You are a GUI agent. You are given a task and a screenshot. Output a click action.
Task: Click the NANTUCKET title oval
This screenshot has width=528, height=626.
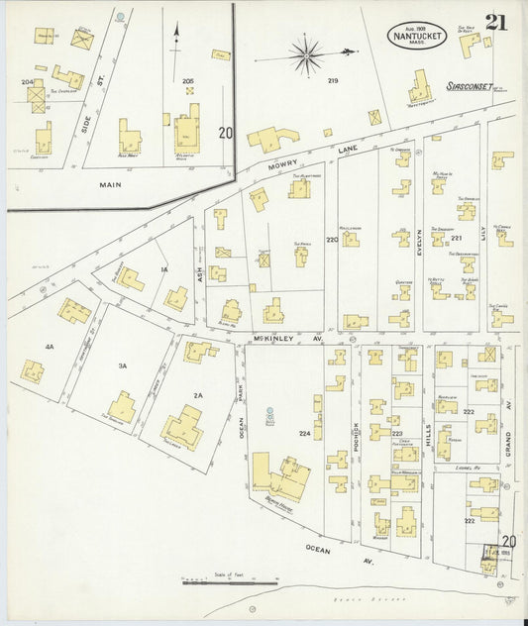point(416,36)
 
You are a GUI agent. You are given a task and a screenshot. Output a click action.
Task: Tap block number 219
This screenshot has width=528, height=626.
point(333,80)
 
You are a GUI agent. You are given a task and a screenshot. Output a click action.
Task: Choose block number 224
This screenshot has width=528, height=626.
point(305,433)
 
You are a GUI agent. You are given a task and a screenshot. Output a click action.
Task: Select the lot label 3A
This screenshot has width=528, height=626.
point(123,365)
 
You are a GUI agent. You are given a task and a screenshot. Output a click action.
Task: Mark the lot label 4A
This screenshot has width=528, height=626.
point(49,346)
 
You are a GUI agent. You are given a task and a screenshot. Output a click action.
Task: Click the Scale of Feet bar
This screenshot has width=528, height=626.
point(228,582)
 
